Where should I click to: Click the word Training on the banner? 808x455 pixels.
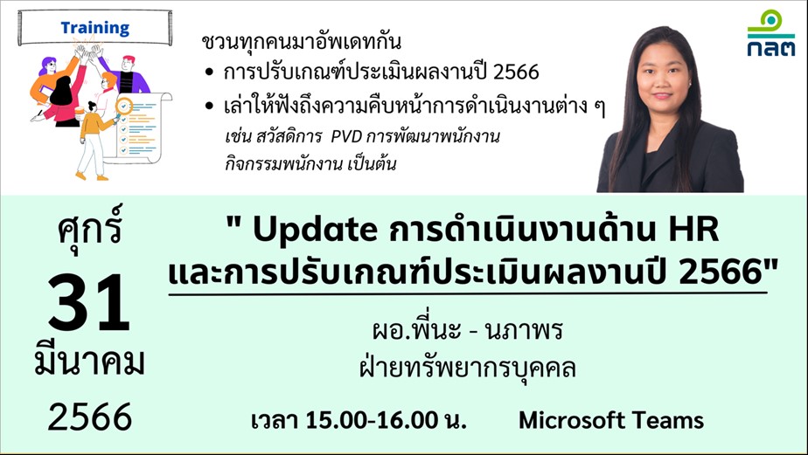pyautogui.click(x=94, y=28)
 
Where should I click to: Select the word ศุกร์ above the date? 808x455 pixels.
pyautogui.click(x=90, y=226)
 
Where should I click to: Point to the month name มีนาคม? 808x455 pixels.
pyautogui.click(x=89, y=362)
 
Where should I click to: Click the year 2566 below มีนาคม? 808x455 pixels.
pyautogui.click(x=90, y=417)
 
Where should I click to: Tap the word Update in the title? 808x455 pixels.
pyautogui.click(x=316, y=231)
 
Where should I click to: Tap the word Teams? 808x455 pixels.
pyautogui.click(x=671, y=421)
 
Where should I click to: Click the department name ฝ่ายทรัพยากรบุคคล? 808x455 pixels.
pyautogui.click(x=467, y=368)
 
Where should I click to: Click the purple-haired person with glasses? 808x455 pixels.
pyautogui.click(x=53, y=79)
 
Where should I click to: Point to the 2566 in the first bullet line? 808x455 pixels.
pyautogui.click(x=515, y=72)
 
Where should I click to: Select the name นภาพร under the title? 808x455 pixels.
pyautogui.click(x=524, y=330)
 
